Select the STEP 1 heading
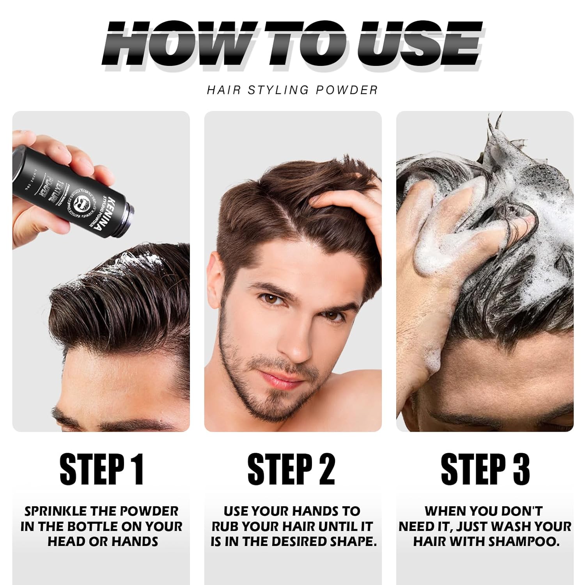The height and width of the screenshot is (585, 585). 102,469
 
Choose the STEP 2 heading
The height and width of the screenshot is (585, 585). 291,469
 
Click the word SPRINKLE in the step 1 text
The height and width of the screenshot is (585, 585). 55,511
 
